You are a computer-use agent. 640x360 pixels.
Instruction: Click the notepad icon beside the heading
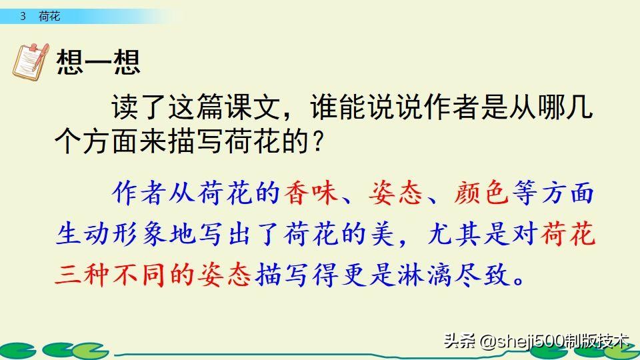coord(31,61)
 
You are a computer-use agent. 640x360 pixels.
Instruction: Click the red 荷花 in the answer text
coord(569,235)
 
